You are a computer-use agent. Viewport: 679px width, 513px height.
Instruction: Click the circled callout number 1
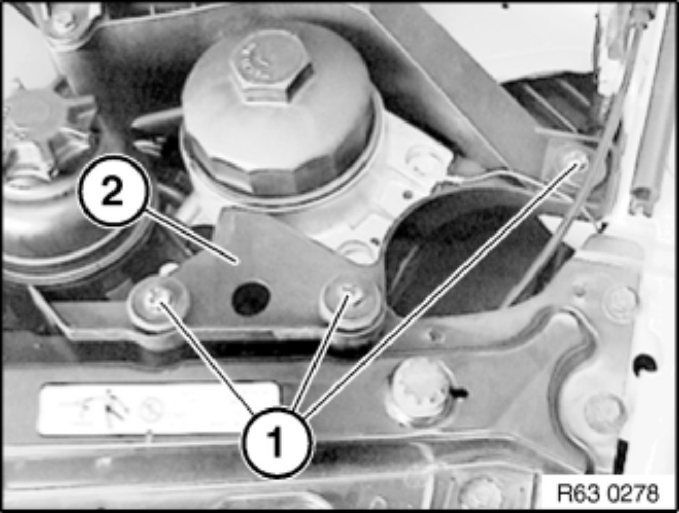click(x=277, y=442)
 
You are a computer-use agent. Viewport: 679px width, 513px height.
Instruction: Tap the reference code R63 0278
click(x=608, y=493)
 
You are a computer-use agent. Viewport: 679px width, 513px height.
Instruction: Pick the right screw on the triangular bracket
click(x=350, y=299)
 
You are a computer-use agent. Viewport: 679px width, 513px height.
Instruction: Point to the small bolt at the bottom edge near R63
click(x=481, y=493)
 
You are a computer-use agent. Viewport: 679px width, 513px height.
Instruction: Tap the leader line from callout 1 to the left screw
click(x=204, y=356)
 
